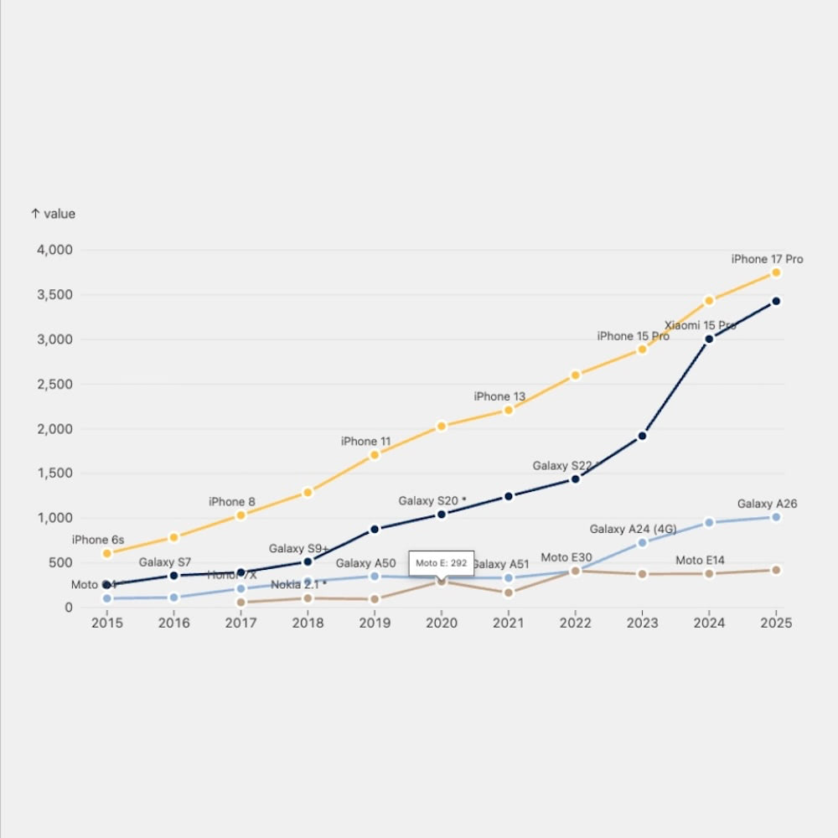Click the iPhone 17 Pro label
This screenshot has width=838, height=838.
[767, 259]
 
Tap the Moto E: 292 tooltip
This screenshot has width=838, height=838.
[442, 563]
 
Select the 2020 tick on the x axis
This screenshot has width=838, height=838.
[442, 623]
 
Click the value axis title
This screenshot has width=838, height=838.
[53, 214]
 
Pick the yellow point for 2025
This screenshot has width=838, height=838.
[776, 273]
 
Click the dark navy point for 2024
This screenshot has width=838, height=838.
[709, 339]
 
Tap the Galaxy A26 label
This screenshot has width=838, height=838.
[767, 504]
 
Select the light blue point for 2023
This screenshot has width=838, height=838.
[642, 543]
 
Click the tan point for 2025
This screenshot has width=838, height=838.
[776, 570]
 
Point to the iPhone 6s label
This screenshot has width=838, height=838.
[98, 540]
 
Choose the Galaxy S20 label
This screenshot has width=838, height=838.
[432, 500]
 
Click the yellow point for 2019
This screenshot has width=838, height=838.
[375, 455]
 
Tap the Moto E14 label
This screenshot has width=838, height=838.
[700, 560]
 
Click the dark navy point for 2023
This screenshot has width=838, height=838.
[642, 436]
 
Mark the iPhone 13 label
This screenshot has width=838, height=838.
[499, 396]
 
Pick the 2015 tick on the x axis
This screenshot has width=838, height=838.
[106, 623]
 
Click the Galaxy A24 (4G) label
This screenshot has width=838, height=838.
[633, 529]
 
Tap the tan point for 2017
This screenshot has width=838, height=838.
[241, 603]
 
